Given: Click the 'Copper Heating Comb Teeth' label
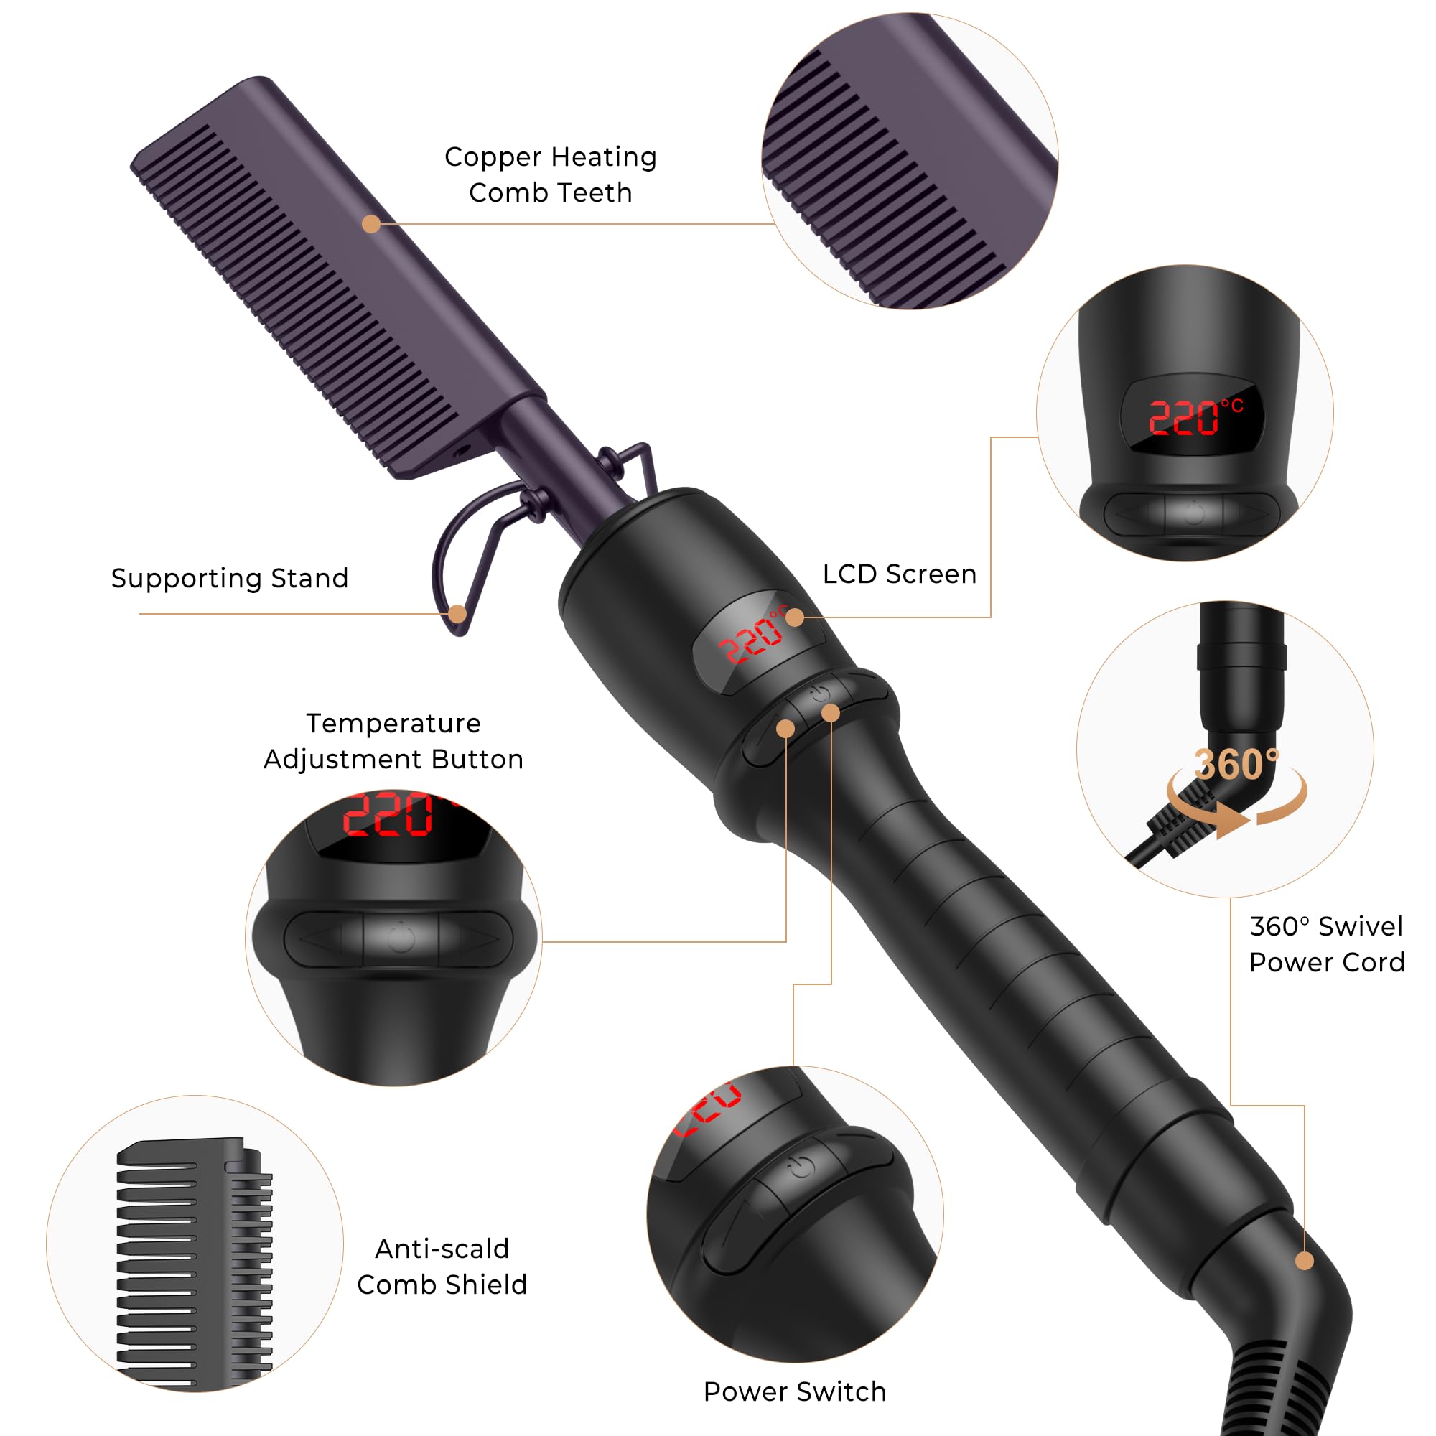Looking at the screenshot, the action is [x=550, y=174].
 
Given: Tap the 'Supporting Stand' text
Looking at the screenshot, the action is [x=230, y=578].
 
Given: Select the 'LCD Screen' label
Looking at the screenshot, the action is [x=900, y=574].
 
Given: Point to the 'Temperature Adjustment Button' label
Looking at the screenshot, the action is [x=393, y=741].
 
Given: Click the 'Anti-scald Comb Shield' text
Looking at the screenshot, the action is [x=442, y=1267].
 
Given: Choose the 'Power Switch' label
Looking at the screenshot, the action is [x=795, y=1391].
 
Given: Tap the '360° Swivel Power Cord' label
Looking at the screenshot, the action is [x=1327, y=944].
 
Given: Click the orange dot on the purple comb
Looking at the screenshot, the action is [x=372, y=224].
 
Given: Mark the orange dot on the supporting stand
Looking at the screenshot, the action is [x=458, y=614].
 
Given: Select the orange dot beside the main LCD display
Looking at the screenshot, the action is [x=795, y=617].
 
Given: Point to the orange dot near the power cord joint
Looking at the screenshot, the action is [x=1305, y=1261].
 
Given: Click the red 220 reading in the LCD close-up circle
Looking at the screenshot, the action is [x=1184, y=417].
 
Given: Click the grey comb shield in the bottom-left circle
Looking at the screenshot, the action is [x=195, y=1264].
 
